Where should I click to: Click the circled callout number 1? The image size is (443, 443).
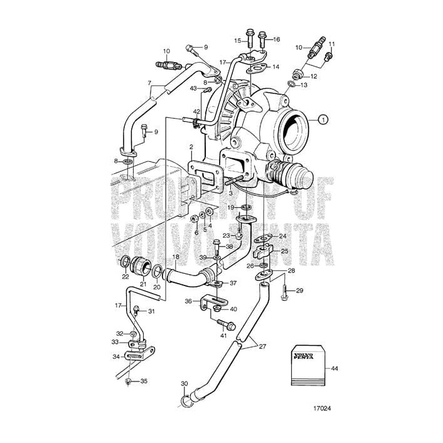click(323, 119)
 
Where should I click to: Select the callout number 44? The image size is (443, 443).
click(334, 368)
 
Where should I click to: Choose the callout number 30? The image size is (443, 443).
click(184, 383)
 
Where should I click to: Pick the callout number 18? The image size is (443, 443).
click(176, 257)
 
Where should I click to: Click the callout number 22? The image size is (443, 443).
click(125, 277)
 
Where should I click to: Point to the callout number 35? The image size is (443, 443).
click(144, 381)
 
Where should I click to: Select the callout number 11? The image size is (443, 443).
click(333, 44)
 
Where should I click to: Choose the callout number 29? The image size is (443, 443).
click(299, 291)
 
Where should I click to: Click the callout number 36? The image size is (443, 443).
click(188, 301)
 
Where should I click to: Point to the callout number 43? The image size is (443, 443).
click(194, 88)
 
